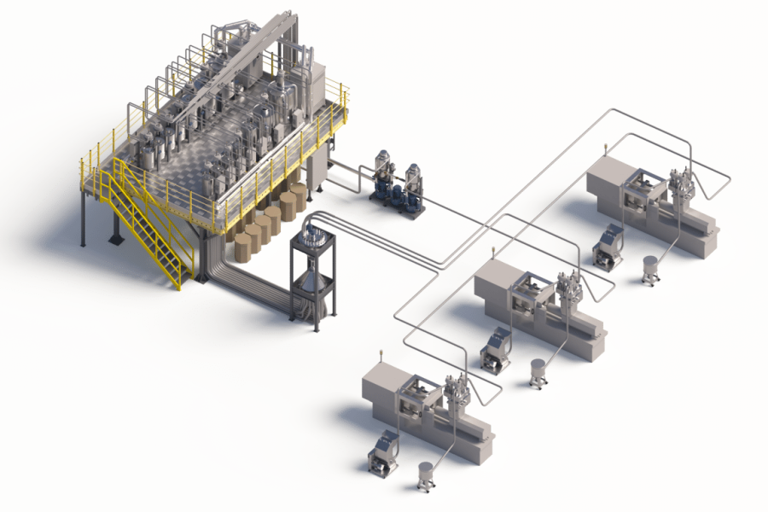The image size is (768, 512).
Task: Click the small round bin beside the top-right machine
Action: [651, 271]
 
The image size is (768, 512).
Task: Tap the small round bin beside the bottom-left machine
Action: [425, 474]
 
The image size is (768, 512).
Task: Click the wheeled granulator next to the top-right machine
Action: [608, 247]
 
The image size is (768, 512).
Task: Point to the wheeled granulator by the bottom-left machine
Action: [382, 452]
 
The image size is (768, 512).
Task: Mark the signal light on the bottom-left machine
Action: [381, 353]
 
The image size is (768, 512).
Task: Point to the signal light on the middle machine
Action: [492, 250]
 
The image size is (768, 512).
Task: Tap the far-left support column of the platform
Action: [83, 218]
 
